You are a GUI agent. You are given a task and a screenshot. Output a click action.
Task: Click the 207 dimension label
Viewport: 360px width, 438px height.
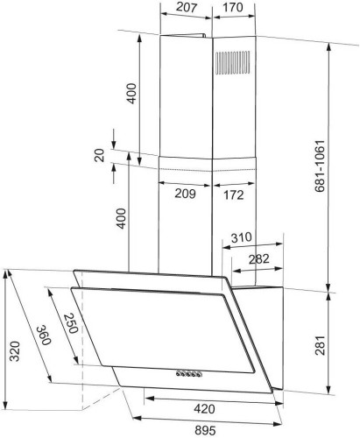[187, 7]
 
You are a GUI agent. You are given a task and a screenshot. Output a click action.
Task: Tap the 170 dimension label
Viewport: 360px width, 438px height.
[233, 7]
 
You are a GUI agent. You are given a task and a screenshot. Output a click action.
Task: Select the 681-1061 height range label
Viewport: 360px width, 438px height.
[320, 166]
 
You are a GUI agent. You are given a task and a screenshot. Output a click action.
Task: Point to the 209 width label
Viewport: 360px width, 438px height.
[185, 194]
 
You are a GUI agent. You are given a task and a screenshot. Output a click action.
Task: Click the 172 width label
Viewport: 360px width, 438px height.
[234, 194]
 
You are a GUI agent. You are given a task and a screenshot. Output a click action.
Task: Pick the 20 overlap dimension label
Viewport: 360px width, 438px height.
[100, 155]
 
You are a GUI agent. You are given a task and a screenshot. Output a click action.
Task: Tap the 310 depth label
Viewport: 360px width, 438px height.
[242, 237]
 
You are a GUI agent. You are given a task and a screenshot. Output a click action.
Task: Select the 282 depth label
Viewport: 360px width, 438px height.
[259, 259]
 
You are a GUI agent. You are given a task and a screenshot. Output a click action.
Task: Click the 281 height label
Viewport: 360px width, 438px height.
[320, 345]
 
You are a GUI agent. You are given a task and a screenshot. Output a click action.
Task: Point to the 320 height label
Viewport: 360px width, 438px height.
[15, 351]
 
